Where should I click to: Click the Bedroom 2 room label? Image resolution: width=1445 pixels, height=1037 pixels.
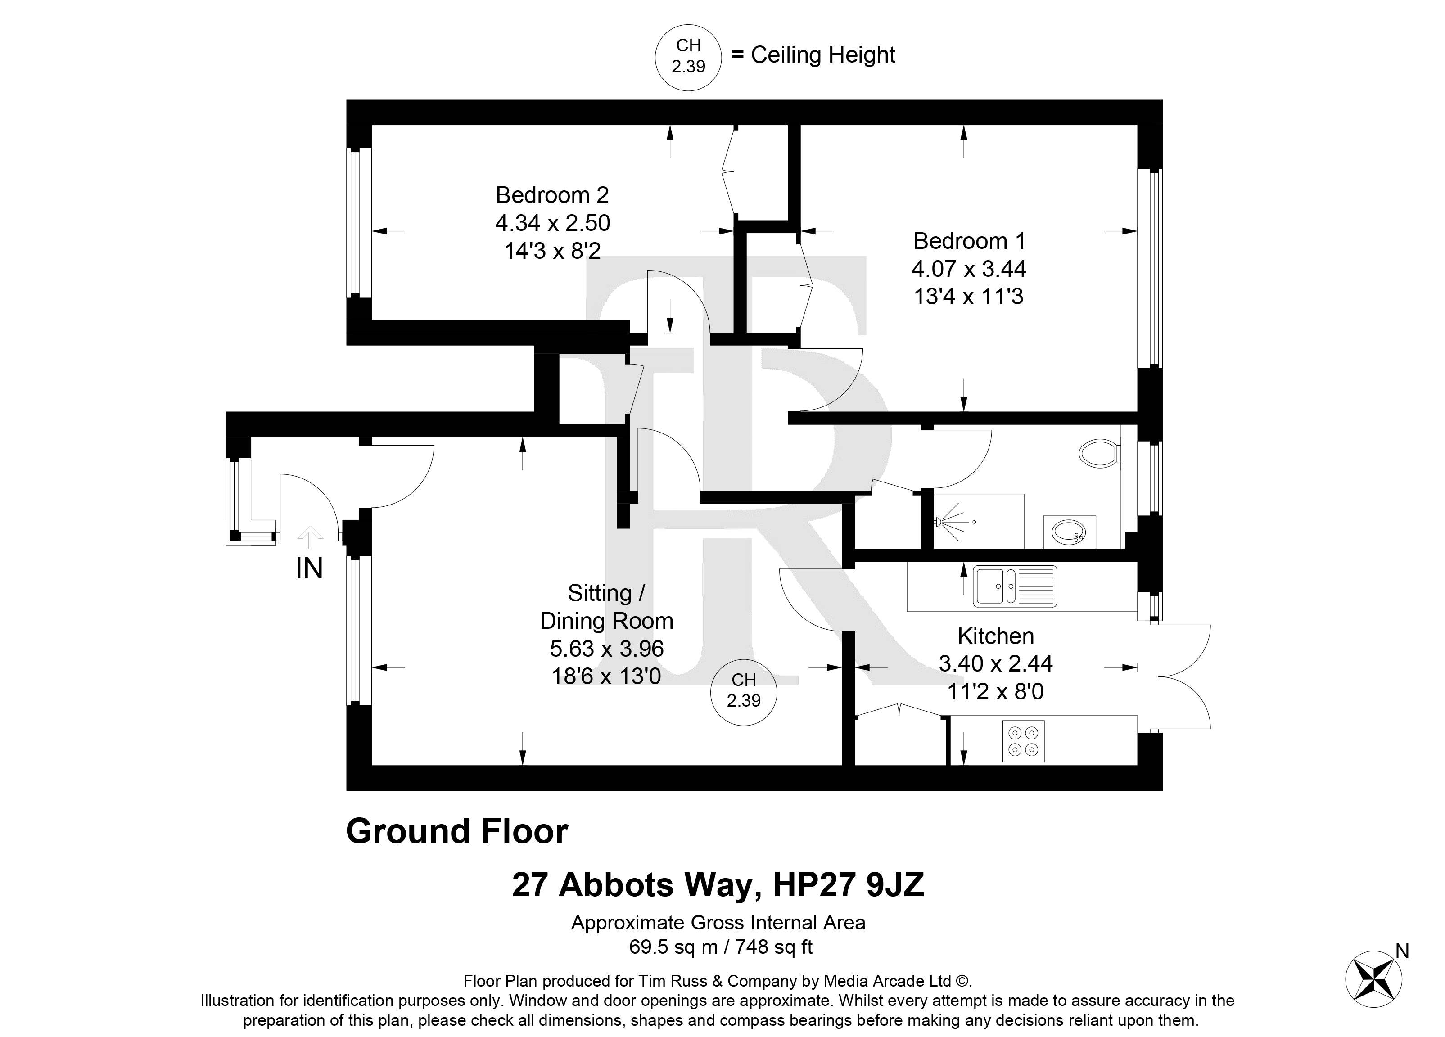pos(552,195)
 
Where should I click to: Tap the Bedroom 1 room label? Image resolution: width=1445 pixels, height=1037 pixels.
pos(969,241)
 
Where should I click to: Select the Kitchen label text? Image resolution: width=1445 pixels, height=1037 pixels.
pos(996,636)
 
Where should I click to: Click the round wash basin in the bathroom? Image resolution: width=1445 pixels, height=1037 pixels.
pos(1070,531)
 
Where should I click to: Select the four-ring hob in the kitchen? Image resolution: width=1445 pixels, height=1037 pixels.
pos(1023,741)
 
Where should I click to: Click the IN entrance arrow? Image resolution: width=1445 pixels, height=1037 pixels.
pos(310,537)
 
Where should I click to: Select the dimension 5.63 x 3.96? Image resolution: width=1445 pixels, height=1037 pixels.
pos(606,649)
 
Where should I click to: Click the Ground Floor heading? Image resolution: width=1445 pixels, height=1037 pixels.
pos(457,831)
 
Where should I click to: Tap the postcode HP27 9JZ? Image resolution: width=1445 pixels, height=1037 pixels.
pos(848,885)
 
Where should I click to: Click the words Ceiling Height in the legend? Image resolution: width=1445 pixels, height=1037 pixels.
pos(823,55)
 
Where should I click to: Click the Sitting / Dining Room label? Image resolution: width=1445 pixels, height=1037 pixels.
pos(606,607)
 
